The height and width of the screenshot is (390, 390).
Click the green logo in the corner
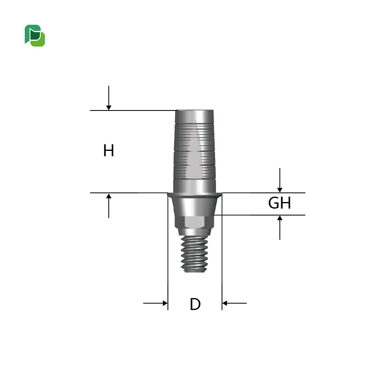(35, 35)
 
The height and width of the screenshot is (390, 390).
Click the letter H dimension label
(109, 150)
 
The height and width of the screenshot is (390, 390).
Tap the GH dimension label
(280, 203)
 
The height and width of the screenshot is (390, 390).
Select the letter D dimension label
(195, 304)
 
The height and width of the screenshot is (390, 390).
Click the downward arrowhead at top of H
(109, 108)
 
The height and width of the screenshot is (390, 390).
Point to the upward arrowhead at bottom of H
(109, 196)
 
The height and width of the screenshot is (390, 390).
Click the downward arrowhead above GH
(280, 190)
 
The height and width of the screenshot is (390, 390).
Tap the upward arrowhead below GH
(280, 218)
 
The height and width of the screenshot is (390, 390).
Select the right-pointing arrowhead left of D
(165, 303)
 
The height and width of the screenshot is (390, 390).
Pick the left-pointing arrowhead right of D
(225, 303)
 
